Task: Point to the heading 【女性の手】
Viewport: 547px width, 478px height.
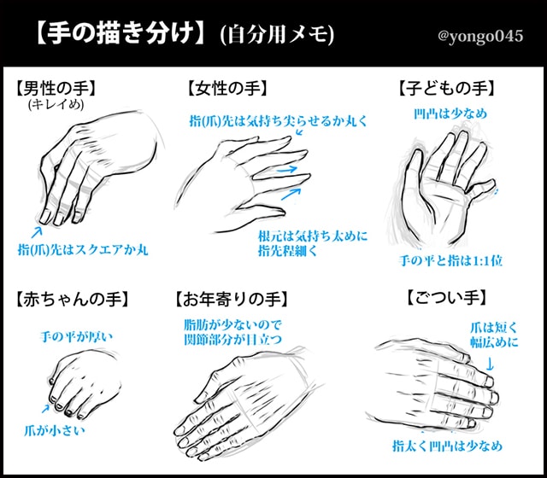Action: click(226, 87)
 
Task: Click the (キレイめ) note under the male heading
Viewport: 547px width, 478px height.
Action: click(54, 104)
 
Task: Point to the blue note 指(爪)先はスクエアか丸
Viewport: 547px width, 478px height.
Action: click(83, 249)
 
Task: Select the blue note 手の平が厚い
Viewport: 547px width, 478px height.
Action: click(77, 336)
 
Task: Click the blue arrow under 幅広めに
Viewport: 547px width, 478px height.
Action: click(490, 363)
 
